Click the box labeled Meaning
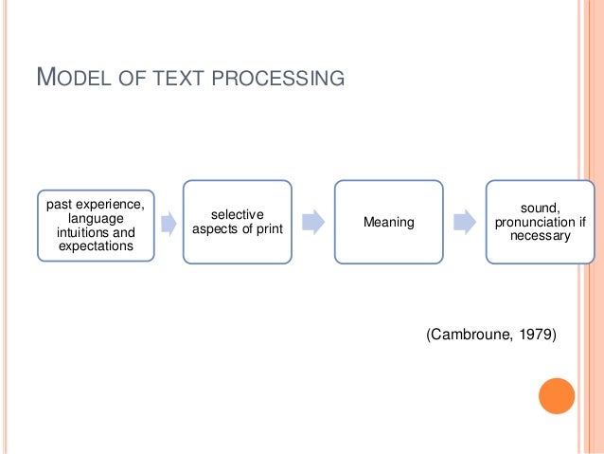click(388, 222)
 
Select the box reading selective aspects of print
click(237, 222)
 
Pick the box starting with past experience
click(96, 225)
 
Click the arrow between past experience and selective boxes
click(169, 225)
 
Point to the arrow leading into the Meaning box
click(313, 222)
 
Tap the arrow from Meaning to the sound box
click(465, 222)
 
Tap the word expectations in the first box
click(96, 245)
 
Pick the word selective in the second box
click(237, 214)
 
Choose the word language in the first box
click(96, 219)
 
